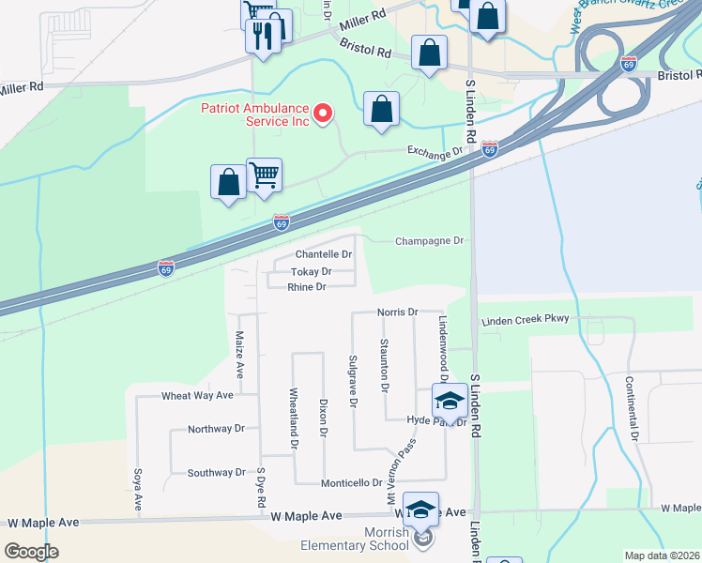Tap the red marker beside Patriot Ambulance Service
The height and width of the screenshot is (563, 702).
pos(323,114)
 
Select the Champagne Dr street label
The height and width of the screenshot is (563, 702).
pos(430,241)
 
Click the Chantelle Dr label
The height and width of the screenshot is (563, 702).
pos(324,254)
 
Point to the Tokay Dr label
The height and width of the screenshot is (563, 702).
pos(312,271)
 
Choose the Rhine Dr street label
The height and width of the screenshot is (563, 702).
pos(307,287)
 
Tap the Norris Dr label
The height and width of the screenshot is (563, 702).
pos(397,312)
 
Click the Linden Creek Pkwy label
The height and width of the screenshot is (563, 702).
pos(526,321)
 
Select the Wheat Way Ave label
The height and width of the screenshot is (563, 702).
pos(197,396)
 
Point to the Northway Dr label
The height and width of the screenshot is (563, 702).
pos(216,429)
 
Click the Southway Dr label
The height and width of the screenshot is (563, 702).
pos(216,473)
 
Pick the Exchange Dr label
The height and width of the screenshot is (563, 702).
pos(435,150)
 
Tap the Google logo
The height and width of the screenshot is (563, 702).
pos(31,552)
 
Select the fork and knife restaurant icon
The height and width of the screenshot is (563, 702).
pos(263,37)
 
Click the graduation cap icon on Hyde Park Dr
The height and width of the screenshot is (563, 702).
pos(450,400)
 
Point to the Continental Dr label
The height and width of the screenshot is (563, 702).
pos(635,410)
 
